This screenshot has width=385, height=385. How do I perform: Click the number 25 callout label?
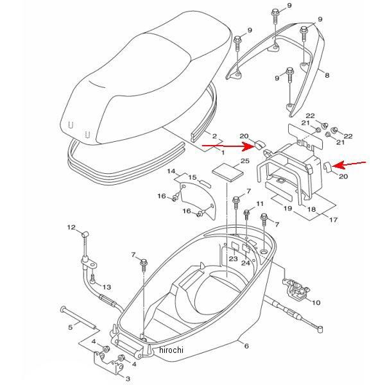pos(227,162)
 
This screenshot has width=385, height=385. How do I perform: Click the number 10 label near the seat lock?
pos(315,302)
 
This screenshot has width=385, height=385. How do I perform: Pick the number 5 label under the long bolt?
pos(70,328)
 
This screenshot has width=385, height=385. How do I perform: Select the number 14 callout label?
pos(171,172)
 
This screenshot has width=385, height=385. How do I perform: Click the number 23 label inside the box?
pos(233,259)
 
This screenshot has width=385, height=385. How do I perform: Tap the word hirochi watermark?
pos(171,350)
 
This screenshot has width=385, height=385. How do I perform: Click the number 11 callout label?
pos(260,203)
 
